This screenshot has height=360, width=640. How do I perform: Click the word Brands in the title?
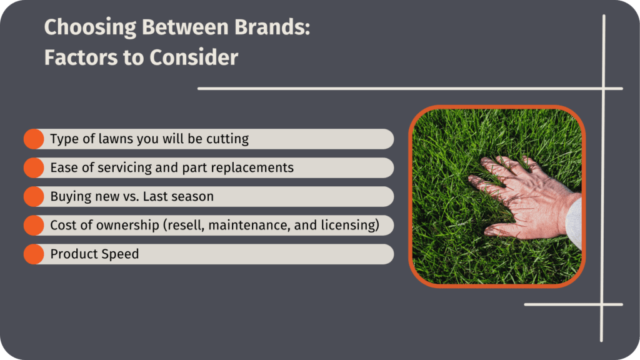click(x=270, y=28)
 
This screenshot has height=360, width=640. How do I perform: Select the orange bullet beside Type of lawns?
click(x=34, y=139)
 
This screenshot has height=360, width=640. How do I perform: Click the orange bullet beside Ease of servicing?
click(x=34, y=167)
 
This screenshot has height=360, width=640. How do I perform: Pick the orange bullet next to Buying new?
click(x=34, y=196)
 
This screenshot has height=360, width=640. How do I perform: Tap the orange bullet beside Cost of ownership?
click(x=34, y=225)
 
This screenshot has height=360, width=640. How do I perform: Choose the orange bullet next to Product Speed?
click(x=34, y=254)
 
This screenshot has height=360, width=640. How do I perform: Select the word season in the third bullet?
click(x=193, y=196)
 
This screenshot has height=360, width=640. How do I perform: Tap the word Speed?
click(x=120, y=254)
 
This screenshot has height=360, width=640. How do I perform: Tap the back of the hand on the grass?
click(x=531, y=200)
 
